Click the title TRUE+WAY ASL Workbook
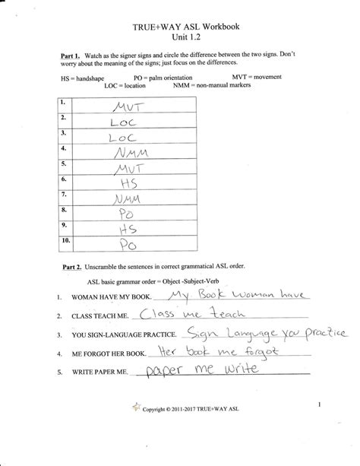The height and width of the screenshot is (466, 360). (x=180, y=27)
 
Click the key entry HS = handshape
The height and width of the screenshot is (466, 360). (x=84, y=79)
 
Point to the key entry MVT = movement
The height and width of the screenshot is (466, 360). (x=262, y=78)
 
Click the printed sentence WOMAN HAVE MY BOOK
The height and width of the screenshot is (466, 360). (x=109, y=298)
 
